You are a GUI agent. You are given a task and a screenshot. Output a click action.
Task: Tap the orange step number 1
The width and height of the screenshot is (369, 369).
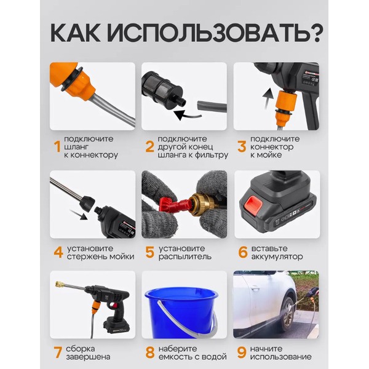click(x=57, y=148)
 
